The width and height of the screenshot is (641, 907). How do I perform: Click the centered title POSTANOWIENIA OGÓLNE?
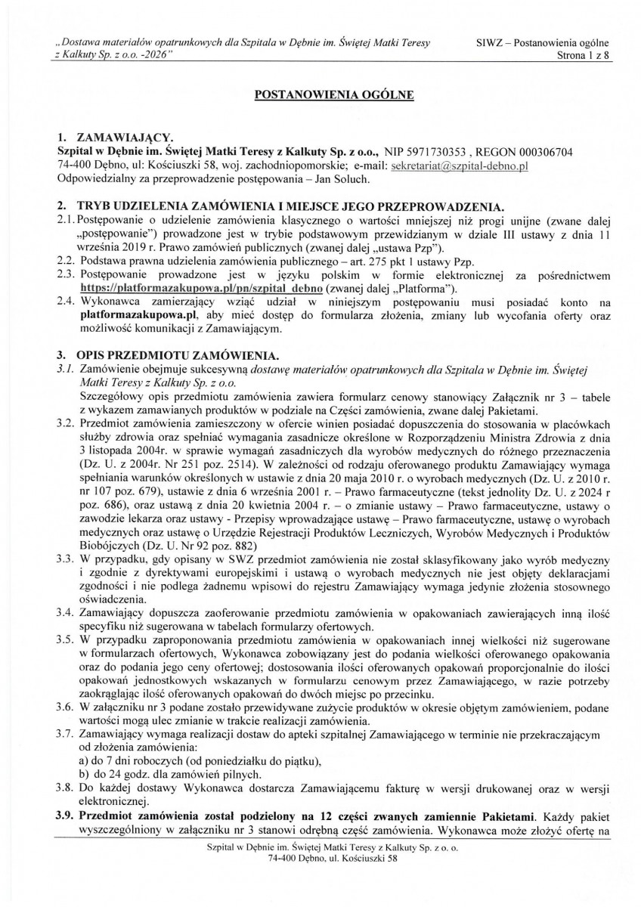[320, 96]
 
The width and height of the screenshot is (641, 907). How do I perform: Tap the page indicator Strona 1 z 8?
[581, 56]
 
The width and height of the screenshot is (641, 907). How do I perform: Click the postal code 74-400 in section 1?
[76, 164]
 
